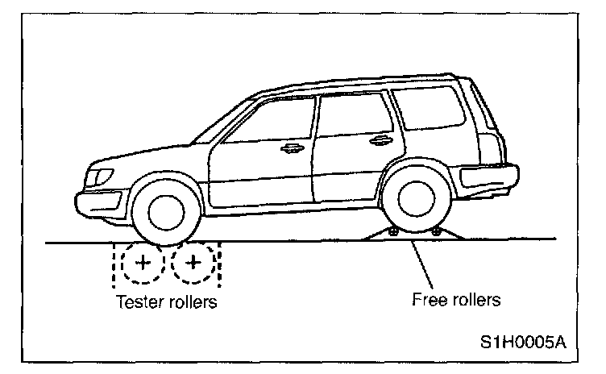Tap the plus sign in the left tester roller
point(142,263)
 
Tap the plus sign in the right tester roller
point(193,263)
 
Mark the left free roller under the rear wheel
point(393,232)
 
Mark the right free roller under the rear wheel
point(436,232)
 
